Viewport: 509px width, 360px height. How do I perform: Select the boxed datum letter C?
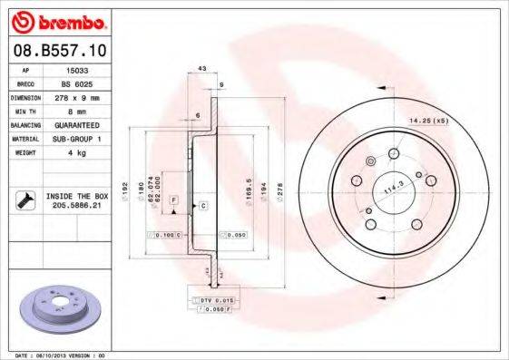[x=203, y=206]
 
